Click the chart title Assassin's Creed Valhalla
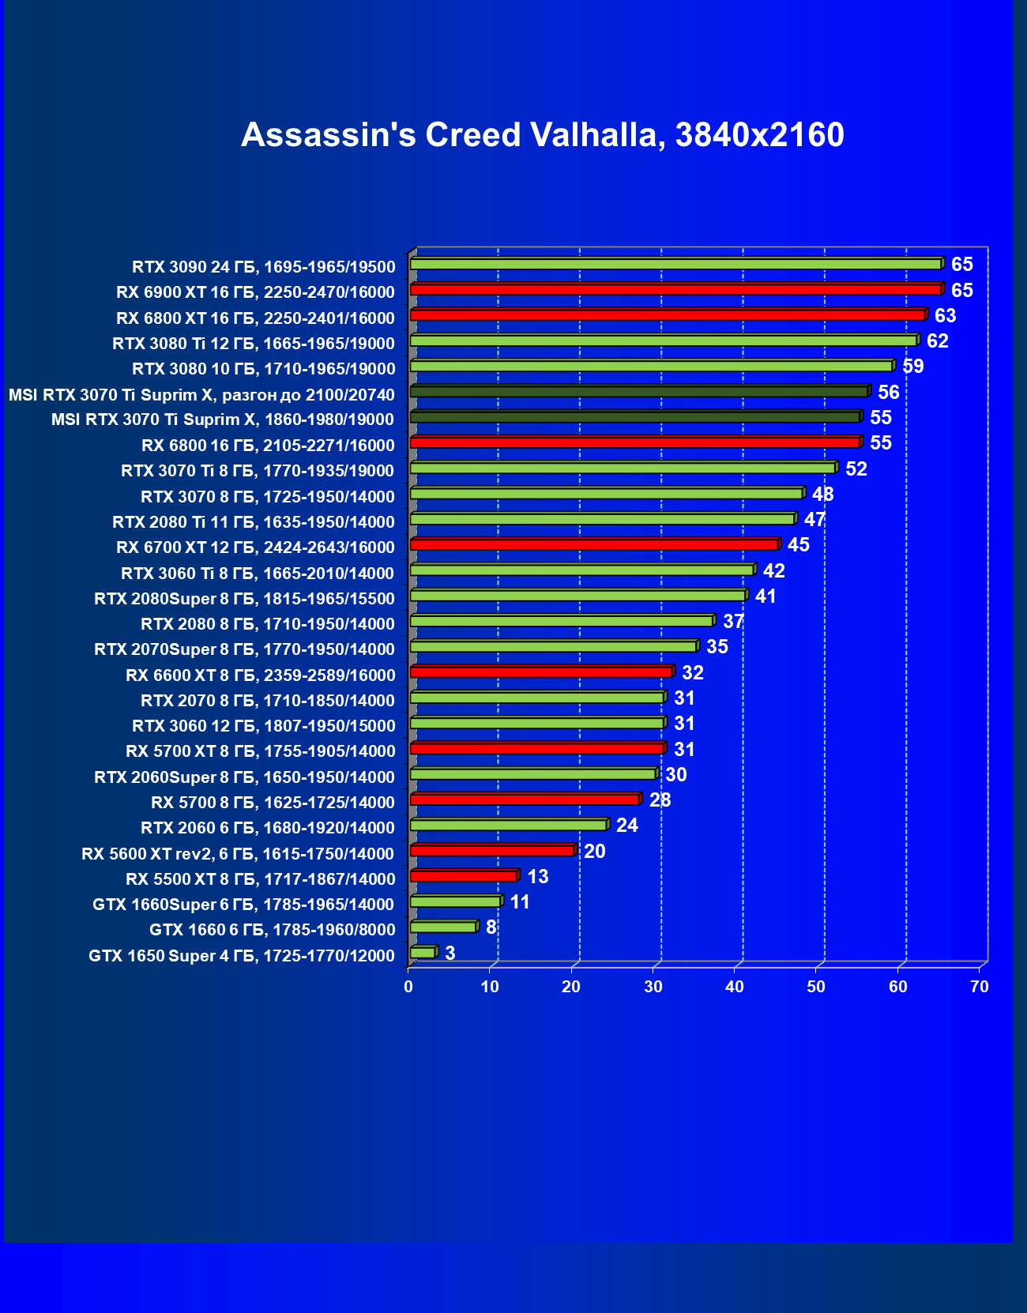pos(542,135)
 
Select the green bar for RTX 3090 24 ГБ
pos(675,264)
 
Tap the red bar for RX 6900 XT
pos(675,290)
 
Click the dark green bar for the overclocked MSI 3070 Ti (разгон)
pos(638,392)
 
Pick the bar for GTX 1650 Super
pos(423,953)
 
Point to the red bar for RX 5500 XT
pos(464,876)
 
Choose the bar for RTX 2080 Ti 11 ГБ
pos(602,519)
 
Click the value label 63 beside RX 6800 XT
pos(945,316)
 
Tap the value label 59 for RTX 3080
pos(912,367)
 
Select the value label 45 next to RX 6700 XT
pos(798,545)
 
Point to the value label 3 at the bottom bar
pos(450,953)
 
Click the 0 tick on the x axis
pos(408,987)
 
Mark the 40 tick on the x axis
pos(735,987)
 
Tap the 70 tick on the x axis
pos(980,987)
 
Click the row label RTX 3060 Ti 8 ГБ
pos(258,574)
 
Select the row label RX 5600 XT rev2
pos(238,854)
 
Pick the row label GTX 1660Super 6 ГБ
pos(243,905)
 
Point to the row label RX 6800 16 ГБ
pos(268,446)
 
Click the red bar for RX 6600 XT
pos(541,672)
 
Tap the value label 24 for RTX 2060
pos(626,826)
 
